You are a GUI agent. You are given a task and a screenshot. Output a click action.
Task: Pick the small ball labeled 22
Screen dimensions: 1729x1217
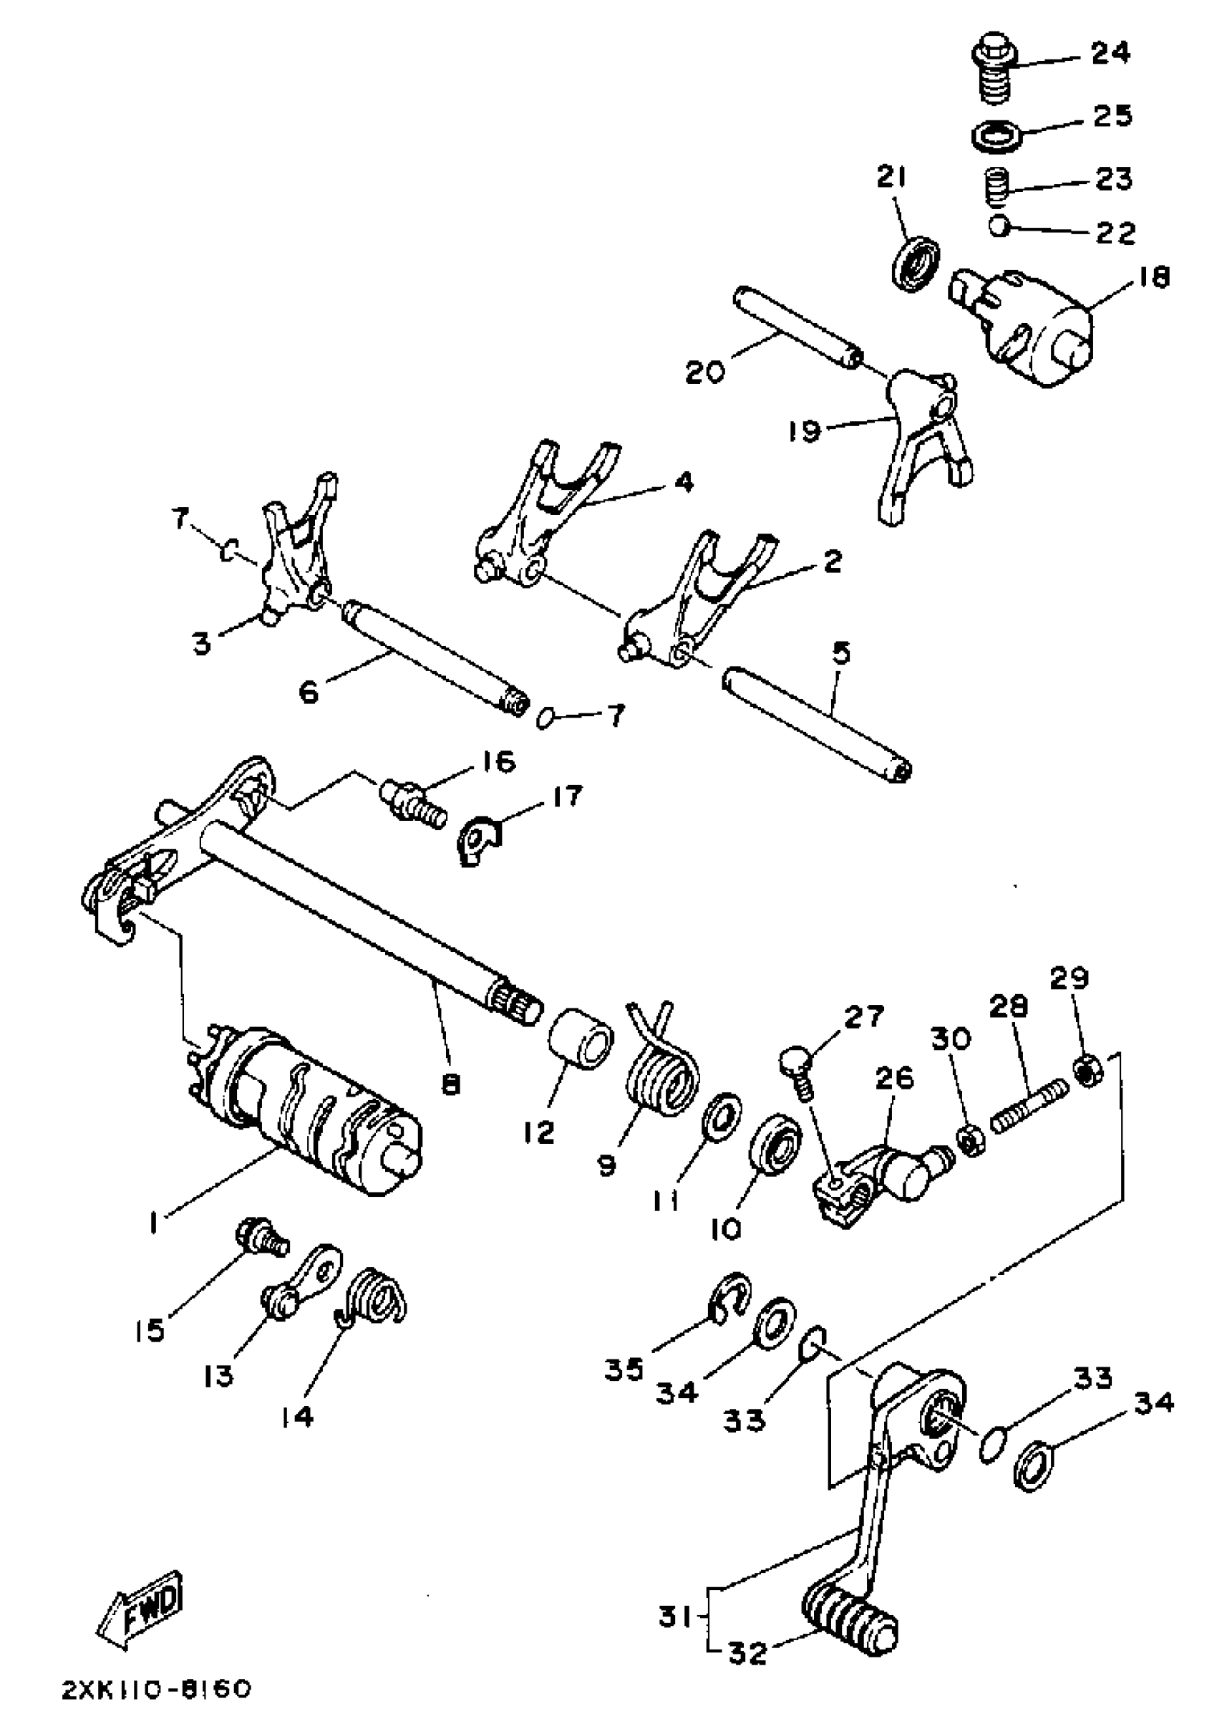pos(999,225)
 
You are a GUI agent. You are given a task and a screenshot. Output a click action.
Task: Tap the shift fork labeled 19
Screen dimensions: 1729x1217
pos(923,448)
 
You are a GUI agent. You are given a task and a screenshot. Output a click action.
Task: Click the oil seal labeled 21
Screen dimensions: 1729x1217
pos(916,262)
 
